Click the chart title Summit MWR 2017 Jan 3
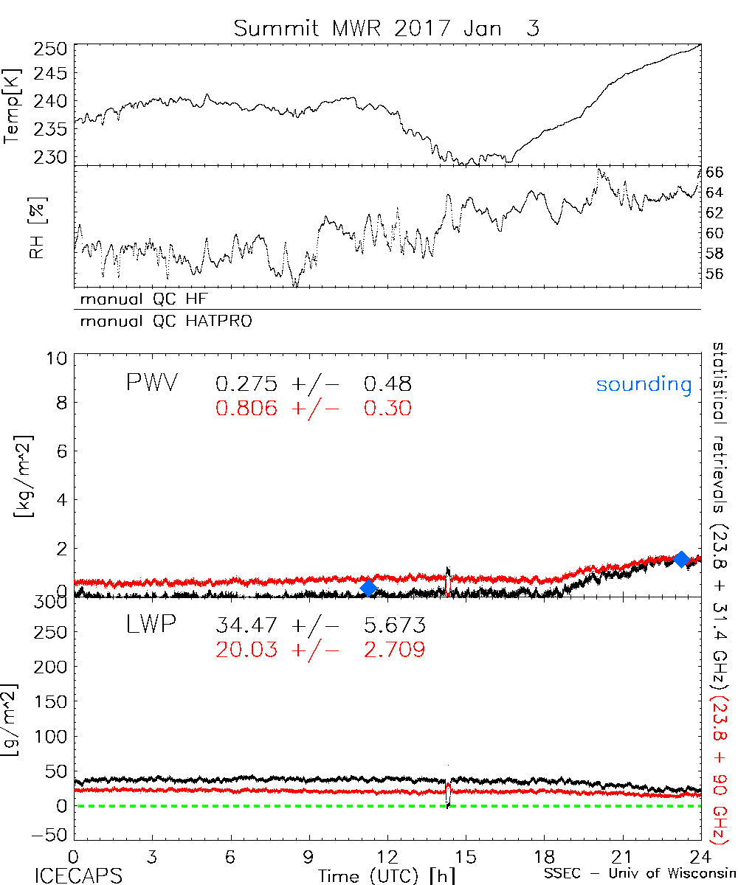pos(387,29)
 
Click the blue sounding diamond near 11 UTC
pos(369,587)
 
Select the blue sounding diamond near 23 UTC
pos(682,558)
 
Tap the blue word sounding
pos(644,384)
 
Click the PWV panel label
pos(151,383)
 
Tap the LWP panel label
pos(149,625)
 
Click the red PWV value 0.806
pos(247,408)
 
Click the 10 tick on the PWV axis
pos(60,358)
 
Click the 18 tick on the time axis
pos(544,858)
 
